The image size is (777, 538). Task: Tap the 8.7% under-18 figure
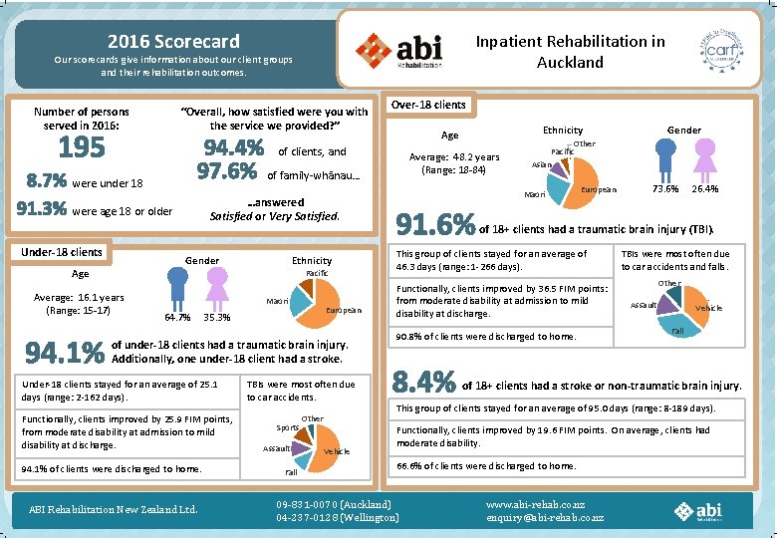[x=47, y=182]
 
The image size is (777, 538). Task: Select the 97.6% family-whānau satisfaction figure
[x=228, y=172]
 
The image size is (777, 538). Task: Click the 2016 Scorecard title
[x=173, y=41]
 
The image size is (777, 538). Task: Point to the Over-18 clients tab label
[x=428, y=105]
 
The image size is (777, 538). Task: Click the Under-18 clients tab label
[x=63, y=252]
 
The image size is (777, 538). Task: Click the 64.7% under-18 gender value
[x=177, y=318]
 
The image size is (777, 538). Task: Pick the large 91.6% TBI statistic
[x=435, y=225]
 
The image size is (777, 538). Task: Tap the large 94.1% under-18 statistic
[x=65, y=353]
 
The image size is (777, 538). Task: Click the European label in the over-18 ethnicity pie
[x=600, y=189]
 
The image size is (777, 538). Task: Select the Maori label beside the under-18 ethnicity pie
[x=279, y=301]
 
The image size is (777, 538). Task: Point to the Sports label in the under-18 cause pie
[x=286, y=427]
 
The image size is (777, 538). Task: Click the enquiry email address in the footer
[x=545, y=517]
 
